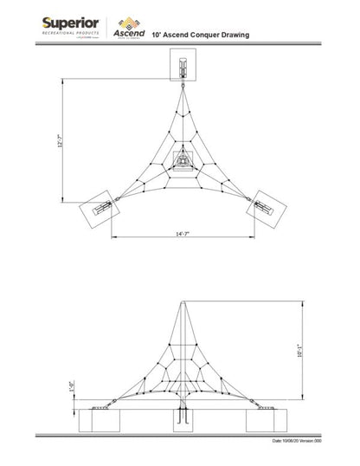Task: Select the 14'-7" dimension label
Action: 183,234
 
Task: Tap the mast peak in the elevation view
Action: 182,302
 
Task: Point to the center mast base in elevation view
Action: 182,416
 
